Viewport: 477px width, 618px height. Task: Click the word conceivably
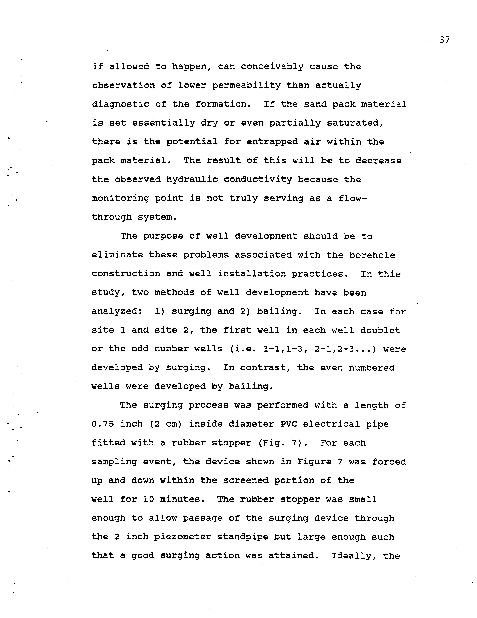tap(272, 67)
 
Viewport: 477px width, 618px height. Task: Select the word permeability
tap(246, 85)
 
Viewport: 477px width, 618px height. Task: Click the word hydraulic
tap(192, 179)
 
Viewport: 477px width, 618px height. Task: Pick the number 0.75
tap(103, 424)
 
